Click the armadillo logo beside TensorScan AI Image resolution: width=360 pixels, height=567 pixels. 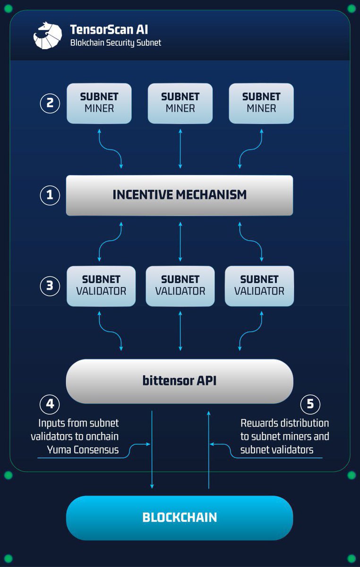[47, 35]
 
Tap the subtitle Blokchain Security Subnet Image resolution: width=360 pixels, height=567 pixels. [116, 43]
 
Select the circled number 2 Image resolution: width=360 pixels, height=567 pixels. [50, 103]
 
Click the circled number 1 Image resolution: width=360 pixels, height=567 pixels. [50, 195]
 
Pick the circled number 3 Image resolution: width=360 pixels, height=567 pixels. [50, 286]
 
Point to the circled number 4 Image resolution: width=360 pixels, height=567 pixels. [50, 404]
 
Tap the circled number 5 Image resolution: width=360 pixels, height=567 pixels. [310, 404]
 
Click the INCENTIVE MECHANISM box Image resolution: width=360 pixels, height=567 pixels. [180, 195]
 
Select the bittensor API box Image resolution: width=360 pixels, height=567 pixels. [180, 381]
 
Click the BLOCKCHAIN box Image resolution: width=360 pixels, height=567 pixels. [180, 517]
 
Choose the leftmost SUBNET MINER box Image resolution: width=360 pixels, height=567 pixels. [99, 103]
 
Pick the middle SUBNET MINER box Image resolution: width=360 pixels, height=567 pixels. [180, 103]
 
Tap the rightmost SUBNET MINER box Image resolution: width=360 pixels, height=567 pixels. [261, 103]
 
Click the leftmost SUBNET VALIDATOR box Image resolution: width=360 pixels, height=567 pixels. [101, 285]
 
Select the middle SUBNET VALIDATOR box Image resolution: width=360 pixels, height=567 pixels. [180, 285]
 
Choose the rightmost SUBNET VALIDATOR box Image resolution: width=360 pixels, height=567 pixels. [259, 285]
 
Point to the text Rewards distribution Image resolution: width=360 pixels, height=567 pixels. [284, 423]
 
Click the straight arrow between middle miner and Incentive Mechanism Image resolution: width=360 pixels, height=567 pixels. [180, 149]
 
